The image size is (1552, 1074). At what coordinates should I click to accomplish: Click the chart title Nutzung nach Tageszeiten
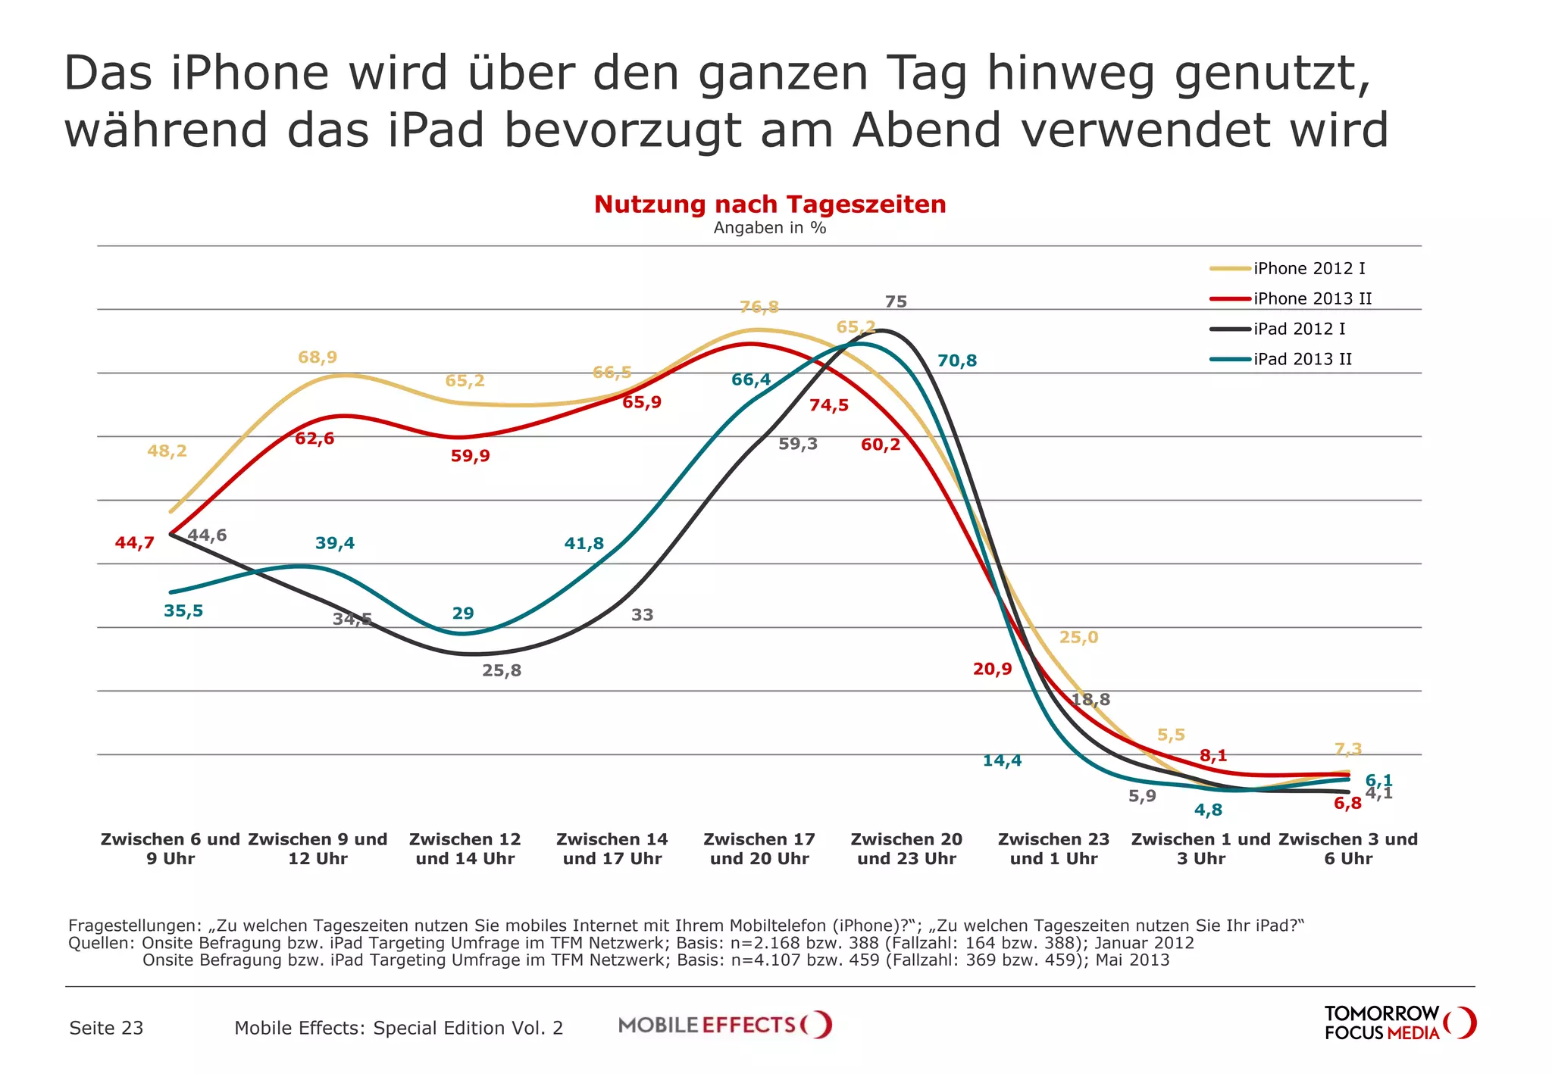point(770,204)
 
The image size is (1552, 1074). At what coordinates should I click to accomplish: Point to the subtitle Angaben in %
point(770,228)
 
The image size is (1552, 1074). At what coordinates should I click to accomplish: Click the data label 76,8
point(759,308)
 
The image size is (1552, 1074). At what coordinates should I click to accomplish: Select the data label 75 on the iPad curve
point(896,302)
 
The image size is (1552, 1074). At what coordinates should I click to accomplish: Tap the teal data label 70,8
point(957,361)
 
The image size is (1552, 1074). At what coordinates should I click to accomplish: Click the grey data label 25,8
point(502,671)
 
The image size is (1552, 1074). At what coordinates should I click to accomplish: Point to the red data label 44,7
point(134,543)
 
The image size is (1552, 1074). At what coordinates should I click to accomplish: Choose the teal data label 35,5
point(183,611)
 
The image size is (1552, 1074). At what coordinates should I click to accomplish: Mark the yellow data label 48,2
point(167,451)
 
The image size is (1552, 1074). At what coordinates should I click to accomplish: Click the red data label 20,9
point(992,670)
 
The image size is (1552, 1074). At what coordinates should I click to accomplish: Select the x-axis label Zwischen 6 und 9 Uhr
point(171,849)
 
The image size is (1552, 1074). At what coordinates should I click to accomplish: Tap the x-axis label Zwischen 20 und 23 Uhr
point(906,849)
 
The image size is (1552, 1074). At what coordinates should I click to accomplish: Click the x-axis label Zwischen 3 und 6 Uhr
point(1348,849)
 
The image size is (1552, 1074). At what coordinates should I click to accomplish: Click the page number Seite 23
point(106,1029)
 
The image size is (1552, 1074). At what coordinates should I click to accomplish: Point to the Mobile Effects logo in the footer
point(724,1026)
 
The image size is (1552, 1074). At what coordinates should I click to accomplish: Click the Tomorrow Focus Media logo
point(1399,1023)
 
